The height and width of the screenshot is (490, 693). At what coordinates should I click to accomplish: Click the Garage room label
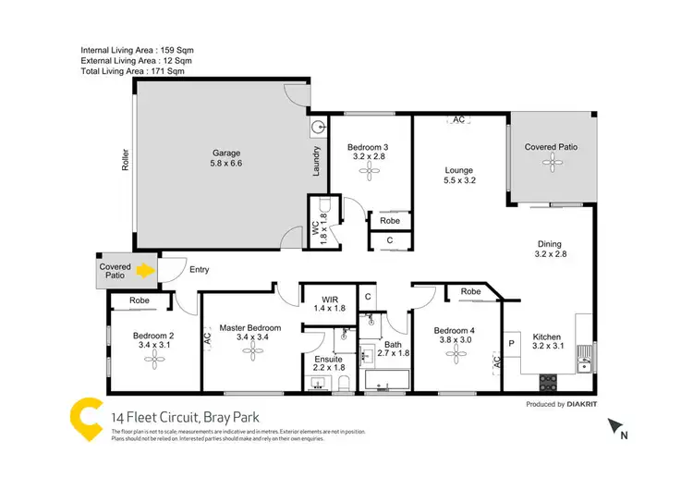(226, 158)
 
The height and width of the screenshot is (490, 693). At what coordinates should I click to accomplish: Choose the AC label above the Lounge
(458, 119)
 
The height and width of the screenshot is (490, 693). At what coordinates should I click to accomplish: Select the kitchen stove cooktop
(547, 381)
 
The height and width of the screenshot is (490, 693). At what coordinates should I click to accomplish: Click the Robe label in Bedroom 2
(140, 300)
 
